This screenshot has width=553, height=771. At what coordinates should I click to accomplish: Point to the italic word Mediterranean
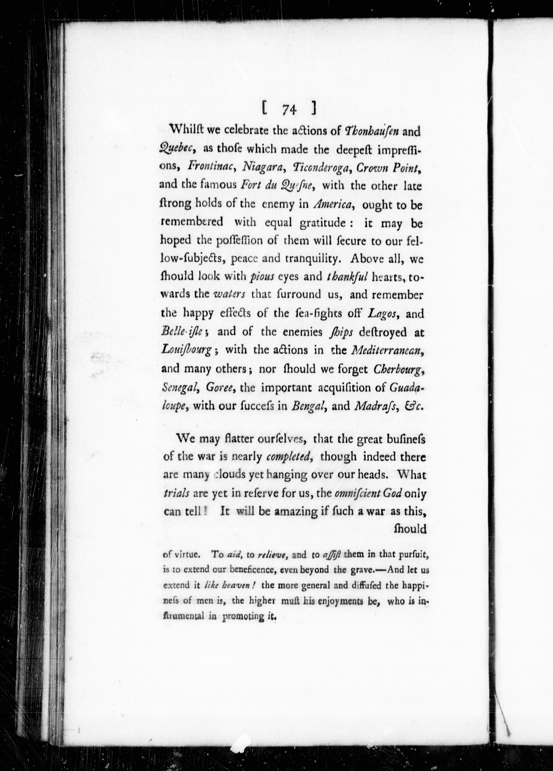pyautogui.click(x=387, y=350)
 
